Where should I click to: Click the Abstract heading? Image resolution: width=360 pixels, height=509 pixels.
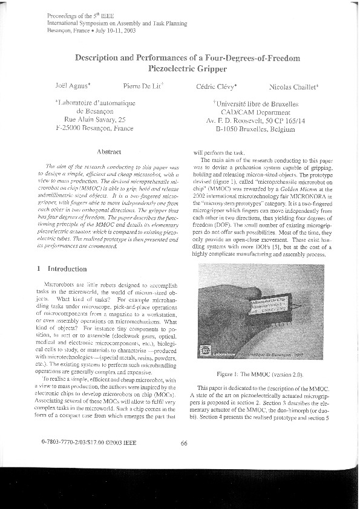point(109,151)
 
